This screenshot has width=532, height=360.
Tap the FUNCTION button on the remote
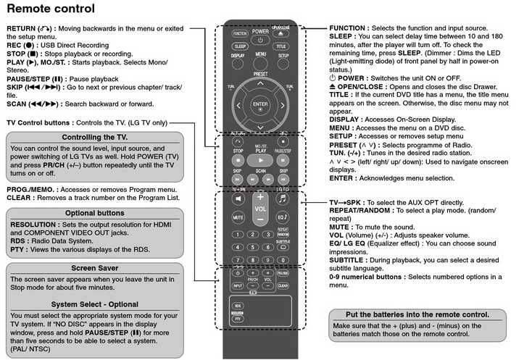(239, 34)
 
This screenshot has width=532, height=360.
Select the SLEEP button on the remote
(240, 46)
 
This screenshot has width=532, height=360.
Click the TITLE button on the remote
(281, 46)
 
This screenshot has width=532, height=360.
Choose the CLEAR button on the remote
(282, 285)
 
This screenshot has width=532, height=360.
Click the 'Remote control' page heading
(50, 9)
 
